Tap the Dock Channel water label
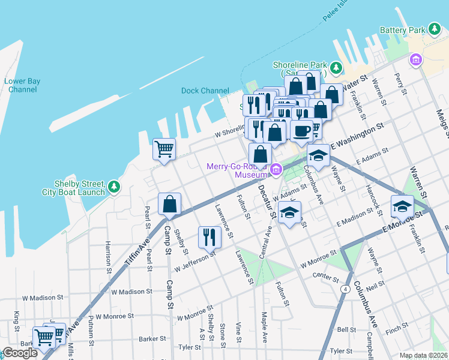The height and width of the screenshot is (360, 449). [205, 91]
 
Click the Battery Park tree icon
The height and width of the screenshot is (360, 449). [434, 29]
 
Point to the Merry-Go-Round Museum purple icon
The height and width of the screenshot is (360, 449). [276, 170]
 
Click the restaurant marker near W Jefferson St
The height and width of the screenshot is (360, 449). [209, 236]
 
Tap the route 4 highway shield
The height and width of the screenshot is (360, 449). [346, 289]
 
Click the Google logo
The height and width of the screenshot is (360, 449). [20, 352]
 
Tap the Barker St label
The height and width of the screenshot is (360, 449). [152, 338]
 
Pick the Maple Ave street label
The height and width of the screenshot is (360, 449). [264, 327]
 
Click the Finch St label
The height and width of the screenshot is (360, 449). [397, 330]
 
